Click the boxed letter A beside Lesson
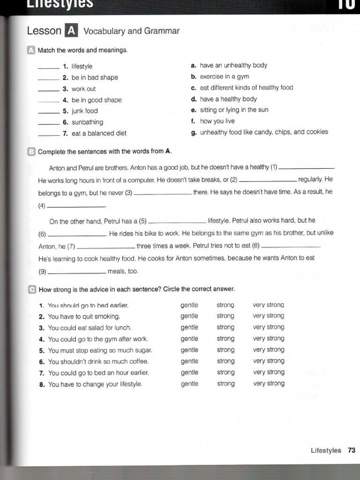[x=71, y=31]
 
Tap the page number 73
[x=352, y=450]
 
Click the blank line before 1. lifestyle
[x=48, y=68]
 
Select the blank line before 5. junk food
[x=48, y=113]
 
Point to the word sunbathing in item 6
[x=87, y=122]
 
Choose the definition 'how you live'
[x=217, y=121]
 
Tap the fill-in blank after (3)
[x=163, y=194]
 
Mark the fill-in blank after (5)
[x=177, y=223]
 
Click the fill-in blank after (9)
[x=77, y=273]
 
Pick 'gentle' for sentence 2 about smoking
[x=189, y=316]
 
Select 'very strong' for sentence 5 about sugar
[x=269, y=350]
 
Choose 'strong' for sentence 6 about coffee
[x=225, y=361]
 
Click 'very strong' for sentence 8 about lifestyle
[x=269, y=383]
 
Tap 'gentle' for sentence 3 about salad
[x=189, y=327]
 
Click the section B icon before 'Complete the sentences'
[x=31, y=151]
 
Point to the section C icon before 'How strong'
[x=31, y=289]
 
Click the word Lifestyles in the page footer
[x=326, y=450]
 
